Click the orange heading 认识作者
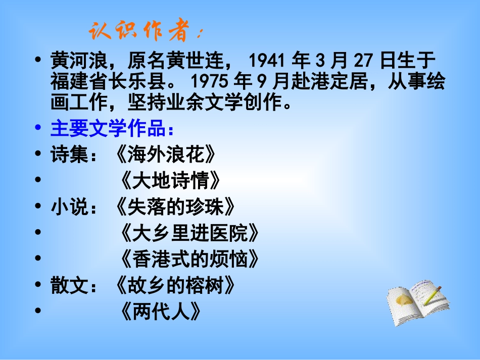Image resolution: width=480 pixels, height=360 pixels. click(144, 31)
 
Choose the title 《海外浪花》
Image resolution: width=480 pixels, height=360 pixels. click(166, 155)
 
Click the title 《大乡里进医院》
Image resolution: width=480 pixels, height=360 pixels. click(190, 233)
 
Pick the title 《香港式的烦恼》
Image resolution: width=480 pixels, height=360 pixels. click(190, 260)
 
